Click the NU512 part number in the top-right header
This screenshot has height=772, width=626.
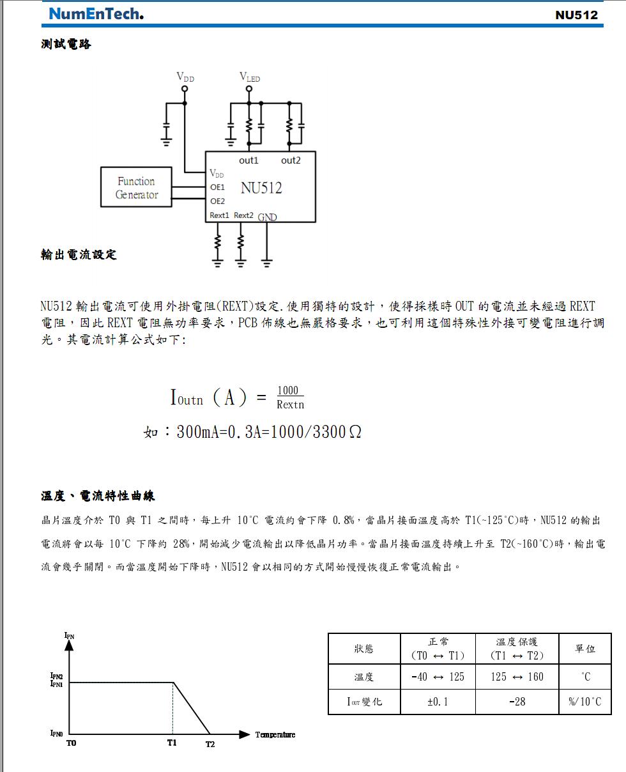point(576,15)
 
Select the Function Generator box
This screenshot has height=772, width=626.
point(136,187)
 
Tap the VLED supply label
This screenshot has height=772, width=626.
point(250,77)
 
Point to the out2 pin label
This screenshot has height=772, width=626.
point(291,160)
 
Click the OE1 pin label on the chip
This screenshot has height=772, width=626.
point(218,187)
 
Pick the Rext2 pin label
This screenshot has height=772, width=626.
point(243,215)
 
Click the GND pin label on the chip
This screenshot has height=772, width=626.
point(268,217)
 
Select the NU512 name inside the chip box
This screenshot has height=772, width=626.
point(261,188)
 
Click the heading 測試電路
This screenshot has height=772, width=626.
point(66,44)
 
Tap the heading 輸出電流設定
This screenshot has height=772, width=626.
point(79,254)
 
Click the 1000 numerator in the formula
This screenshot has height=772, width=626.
point(288,391)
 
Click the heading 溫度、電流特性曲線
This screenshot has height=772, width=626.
point(98,496)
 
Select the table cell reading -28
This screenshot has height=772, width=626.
point(517,702)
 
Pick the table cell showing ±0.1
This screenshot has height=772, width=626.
point(438,702)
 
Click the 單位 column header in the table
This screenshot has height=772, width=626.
point(584,649)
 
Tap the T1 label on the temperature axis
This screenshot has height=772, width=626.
point(172,743)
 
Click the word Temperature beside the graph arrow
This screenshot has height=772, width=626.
point(275,735)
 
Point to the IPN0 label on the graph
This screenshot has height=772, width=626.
point(56,733)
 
